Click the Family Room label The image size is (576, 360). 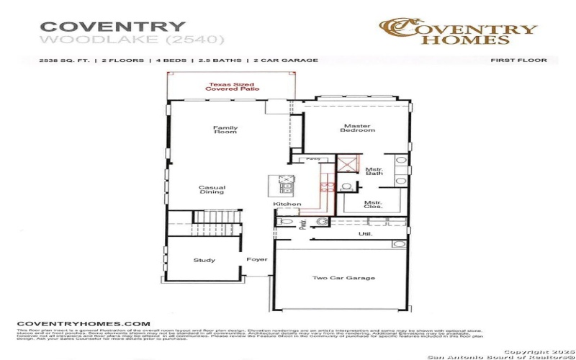pyautogui.click(x=225, y=130)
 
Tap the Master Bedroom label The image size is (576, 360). pyautogui.click(x=358, y=128)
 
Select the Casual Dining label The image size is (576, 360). pyautogui.click(x=212, y=190)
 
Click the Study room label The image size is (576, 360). pyautogui.click(x=204, y=260)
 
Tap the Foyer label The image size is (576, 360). pyautogui.click(x=257, y=259)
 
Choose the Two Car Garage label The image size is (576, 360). pyautogui.click(x=343, y=278)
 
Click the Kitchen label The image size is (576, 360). pyautogui.click(x=287, y=204)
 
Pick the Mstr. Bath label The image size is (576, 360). pyautogui.click(x=374, y=171)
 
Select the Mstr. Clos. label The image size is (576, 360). pyautogui.click(x=372, y=204)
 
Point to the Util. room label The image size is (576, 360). pyautogui.click(x=365, y=234)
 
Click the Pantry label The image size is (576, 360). pyautogui.click(x=312, y=158)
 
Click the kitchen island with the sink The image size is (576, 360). pyautogui.click(x=284, y=185)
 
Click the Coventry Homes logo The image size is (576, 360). pyautogui.click(x=458, y=32)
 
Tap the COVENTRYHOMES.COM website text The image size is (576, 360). pyautogui.click(x=84, y=324)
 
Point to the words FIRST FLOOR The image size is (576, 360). pyautogui.click(x=518, y=60)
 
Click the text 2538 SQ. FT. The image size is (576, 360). pyautogui.click(x=64, y=61)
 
